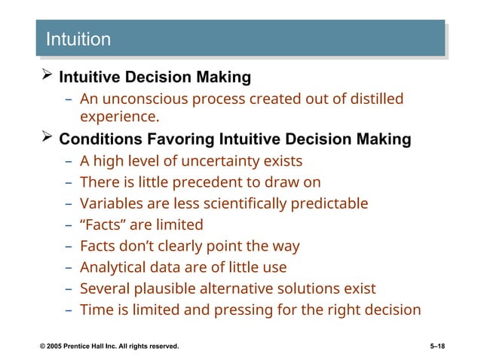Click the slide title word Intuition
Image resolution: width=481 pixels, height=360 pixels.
click(x=78, y=39)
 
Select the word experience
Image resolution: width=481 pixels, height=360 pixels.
click(x=118, y=117)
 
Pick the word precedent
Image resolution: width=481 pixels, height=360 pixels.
click(x=209, y=182)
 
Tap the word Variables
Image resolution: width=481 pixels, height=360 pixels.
click(x=112, y=203)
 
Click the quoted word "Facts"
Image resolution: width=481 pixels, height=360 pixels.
click(x=103, y=224)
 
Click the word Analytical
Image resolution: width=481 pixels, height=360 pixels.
click(x=115, y=267)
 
